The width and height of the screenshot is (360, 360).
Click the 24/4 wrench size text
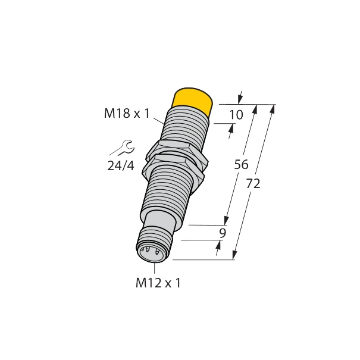121,166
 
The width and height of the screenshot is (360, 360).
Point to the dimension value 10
236,115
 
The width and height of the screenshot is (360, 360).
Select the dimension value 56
241,165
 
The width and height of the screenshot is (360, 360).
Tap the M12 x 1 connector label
157,283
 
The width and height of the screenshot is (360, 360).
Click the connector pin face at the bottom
150,252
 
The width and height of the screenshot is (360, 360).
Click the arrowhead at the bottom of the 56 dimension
227,221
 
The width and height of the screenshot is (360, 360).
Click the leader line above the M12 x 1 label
154,267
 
